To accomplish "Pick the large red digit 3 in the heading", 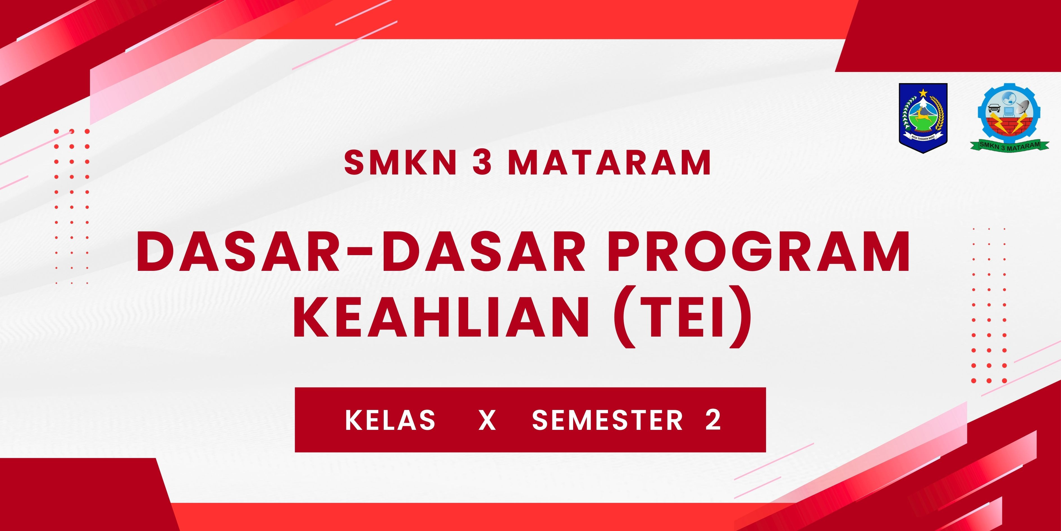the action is pos(482,162).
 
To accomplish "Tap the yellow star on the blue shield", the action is pos(923,92).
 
